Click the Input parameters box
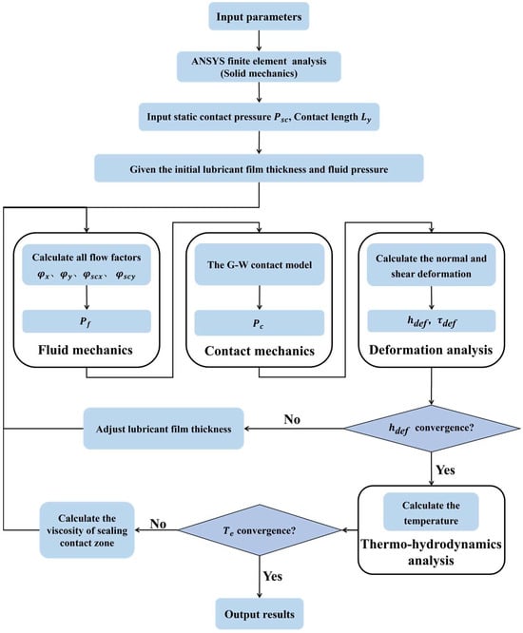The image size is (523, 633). coord(259,16)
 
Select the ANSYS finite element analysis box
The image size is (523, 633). coord(259,67)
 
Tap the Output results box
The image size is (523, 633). coord(260,614)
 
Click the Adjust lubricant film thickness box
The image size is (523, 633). coord(164,429)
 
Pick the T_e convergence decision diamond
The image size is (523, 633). coord(261,530)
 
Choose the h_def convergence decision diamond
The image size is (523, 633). coord(432,428)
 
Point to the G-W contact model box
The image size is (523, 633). coord(260,264)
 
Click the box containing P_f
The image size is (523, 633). coord(87,321)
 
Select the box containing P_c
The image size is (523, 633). coord(260,322)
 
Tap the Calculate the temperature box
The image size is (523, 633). coord(431,512)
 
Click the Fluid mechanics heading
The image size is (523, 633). coord(86,350)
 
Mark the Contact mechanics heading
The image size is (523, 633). coord(260,351)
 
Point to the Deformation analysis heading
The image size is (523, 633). coord(431,350)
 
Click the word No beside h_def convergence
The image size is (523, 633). coord(292,419)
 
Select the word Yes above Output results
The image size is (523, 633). coord(273,576)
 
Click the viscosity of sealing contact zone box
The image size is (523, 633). coord(87,530)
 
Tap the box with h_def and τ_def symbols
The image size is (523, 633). coord(432,321)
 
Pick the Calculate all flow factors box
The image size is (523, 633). coord(87,265)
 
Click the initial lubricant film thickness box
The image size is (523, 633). coord(259,168)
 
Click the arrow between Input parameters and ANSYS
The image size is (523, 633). coord(259,41)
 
